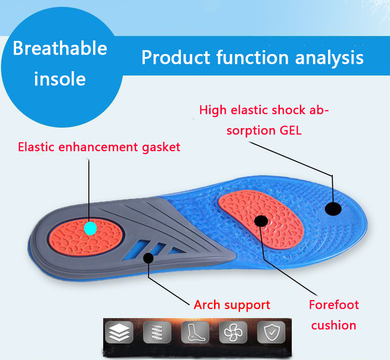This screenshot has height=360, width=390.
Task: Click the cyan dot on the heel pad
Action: [x=90, y=228]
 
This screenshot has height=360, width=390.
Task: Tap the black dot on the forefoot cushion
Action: [x=261, y=221]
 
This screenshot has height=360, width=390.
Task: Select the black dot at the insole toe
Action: [x=333, y=208]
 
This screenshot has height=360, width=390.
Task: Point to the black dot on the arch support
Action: [x=148, y=258]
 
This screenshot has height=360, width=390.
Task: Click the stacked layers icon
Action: [x=119, y=332]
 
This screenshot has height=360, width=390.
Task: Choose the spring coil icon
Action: [x=157, y=332]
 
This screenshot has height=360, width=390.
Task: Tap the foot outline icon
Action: [x=195, y=332]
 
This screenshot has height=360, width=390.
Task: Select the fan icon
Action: [x=233, y=332]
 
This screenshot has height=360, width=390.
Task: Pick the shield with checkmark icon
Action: [x=271, y=332]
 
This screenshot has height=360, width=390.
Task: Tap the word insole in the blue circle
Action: [x=60, y=79]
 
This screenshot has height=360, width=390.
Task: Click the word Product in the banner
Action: [x=176, y=57]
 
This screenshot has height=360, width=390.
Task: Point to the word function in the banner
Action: [x=253, y=57]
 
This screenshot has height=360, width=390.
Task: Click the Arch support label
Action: [x=232, y=305]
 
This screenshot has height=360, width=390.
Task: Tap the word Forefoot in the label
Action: [x=334, y=304]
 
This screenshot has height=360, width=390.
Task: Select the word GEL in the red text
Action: [x=291, y=130]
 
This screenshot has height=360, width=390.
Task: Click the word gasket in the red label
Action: [x=161, y=148]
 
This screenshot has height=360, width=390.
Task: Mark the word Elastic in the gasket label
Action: [x=36, y=147]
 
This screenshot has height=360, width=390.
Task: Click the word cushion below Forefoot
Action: [x=333, y=325]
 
